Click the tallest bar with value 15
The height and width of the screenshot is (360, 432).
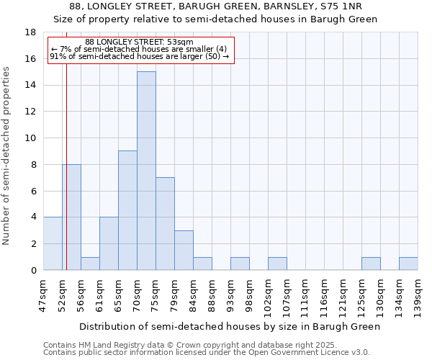[146, 171]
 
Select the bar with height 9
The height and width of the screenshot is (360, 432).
[127, 210]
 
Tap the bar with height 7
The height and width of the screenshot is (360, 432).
[165, 223]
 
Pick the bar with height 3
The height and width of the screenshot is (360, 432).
[184, 250]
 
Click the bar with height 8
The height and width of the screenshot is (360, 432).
[71, 217]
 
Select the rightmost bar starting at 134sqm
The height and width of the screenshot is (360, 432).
[408, 264]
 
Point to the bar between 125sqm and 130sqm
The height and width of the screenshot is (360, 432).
[371, 264]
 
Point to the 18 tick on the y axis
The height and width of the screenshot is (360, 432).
[31, 32]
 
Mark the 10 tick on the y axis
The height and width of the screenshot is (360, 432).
[31, 138]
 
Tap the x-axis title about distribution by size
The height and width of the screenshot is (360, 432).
[229, 326]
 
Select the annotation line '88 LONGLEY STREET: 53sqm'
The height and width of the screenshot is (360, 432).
[139, 42]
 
